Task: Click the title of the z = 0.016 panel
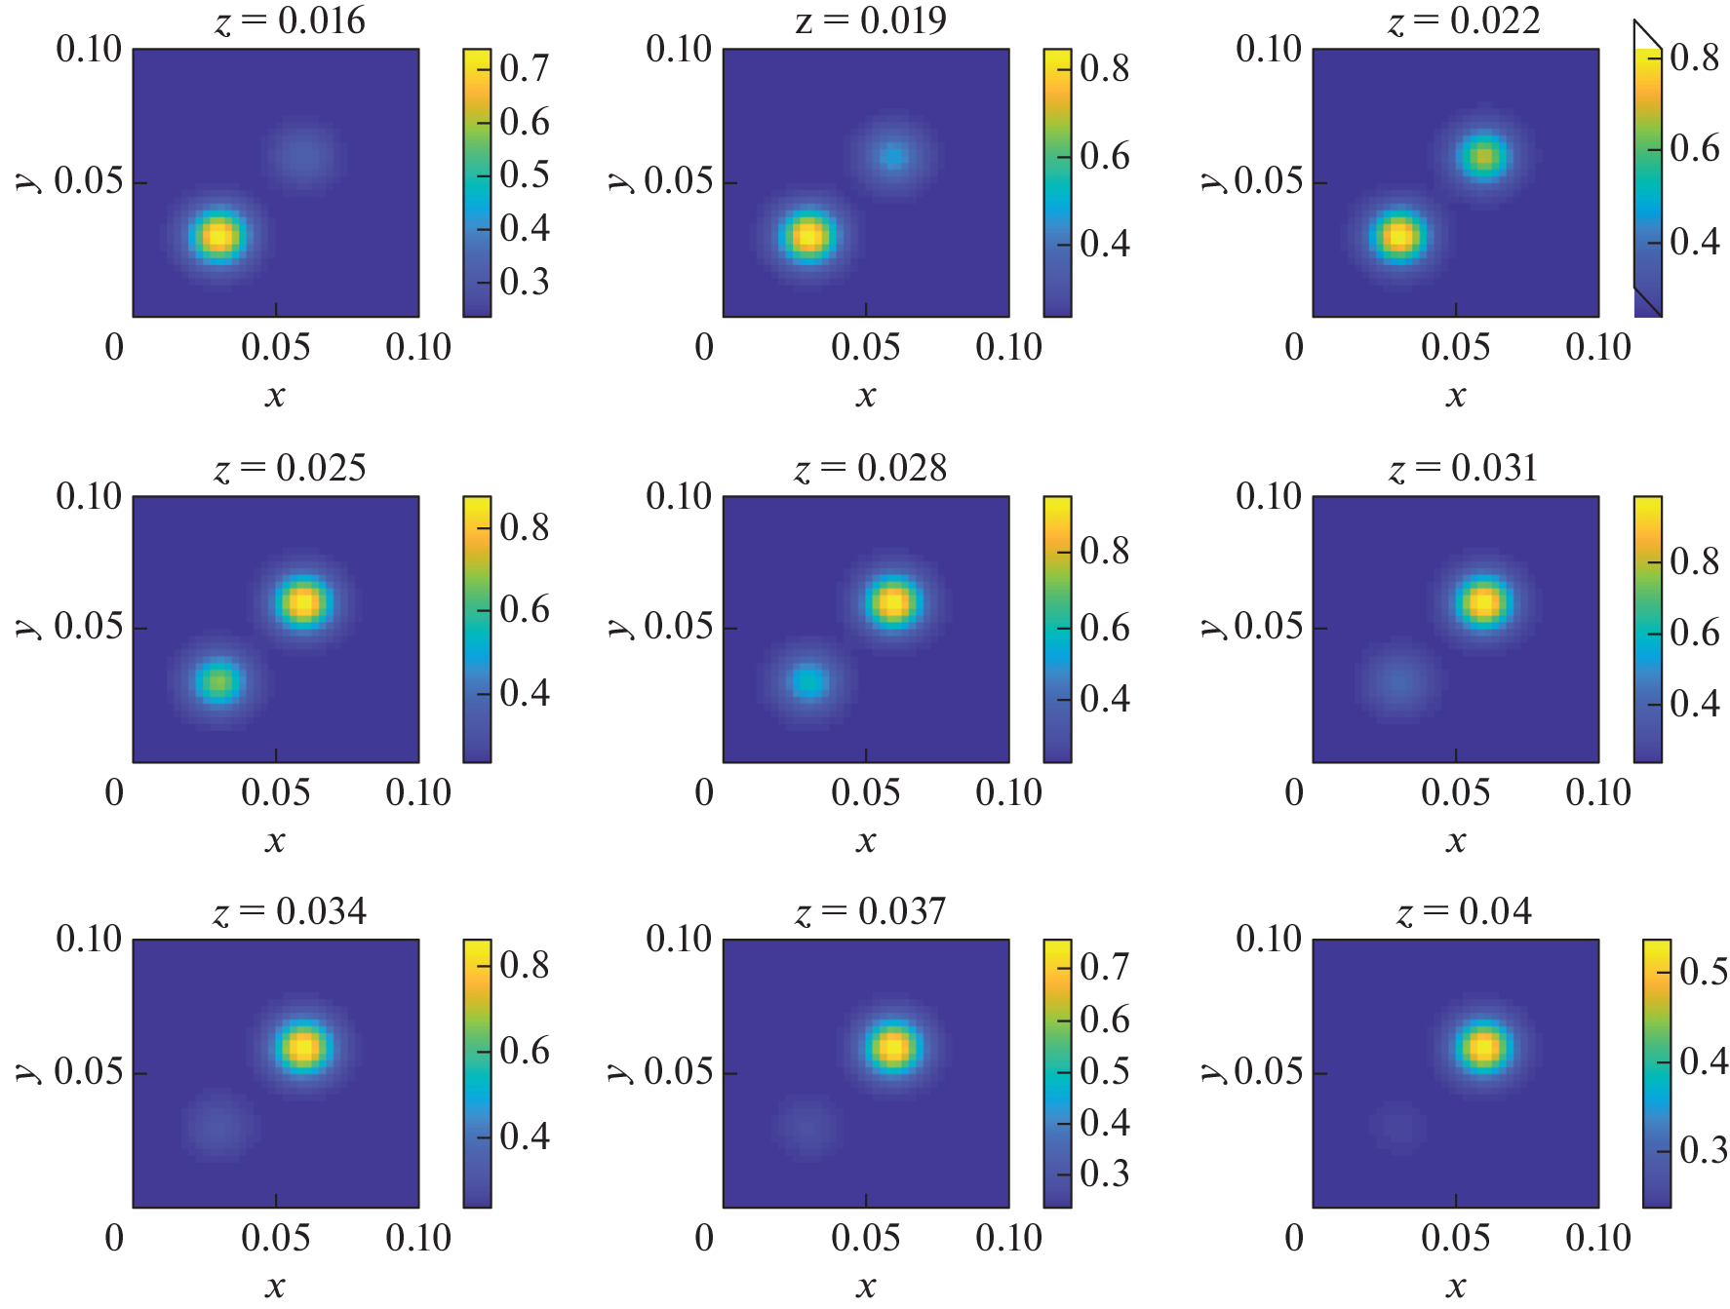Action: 290,20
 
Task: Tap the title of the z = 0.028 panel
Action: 870,469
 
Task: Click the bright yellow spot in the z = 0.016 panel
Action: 218,236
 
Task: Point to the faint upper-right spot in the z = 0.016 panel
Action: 303,154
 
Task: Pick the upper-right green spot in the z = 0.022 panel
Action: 1482,156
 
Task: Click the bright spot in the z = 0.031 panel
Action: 1482,602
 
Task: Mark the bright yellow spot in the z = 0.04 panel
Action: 1482,1047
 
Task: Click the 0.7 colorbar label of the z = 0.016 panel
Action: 524,68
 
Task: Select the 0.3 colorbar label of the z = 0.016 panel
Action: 524,282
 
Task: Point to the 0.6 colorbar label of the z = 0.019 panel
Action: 1104,156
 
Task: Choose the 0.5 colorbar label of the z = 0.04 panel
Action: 1703,971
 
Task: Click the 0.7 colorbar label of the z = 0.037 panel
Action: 1104,967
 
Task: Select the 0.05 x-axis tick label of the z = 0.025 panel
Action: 275,792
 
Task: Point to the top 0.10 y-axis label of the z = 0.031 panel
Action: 1268,496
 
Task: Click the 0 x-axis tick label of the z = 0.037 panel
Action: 704,1238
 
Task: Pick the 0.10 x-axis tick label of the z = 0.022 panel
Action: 1597,347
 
